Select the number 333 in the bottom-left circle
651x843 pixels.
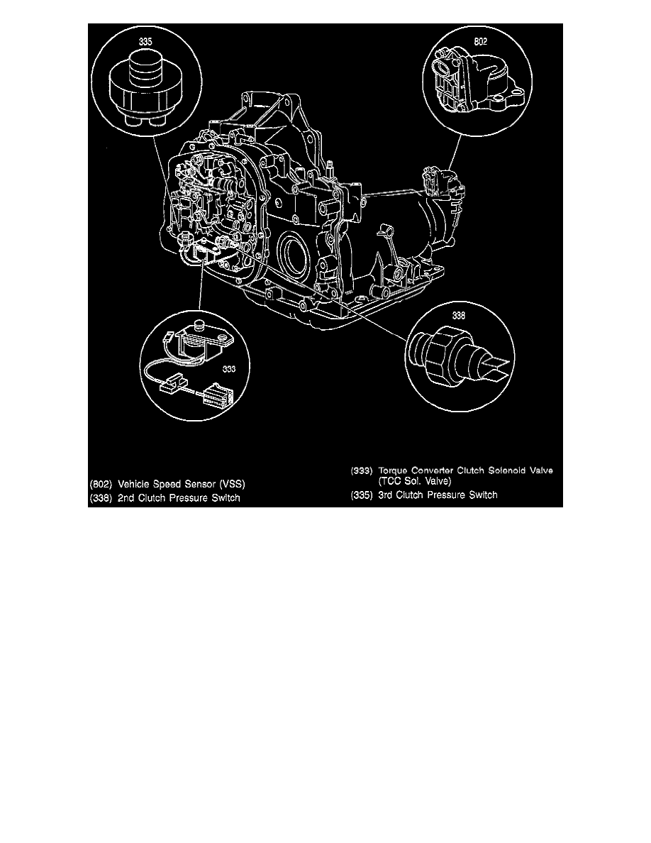tap(228, 369)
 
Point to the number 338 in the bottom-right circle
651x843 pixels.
tap(459, 319)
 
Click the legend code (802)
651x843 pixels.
tap(102, 483)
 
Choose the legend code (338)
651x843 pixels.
tap(102, 498)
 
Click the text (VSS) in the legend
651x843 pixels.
tap(231, 483)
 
